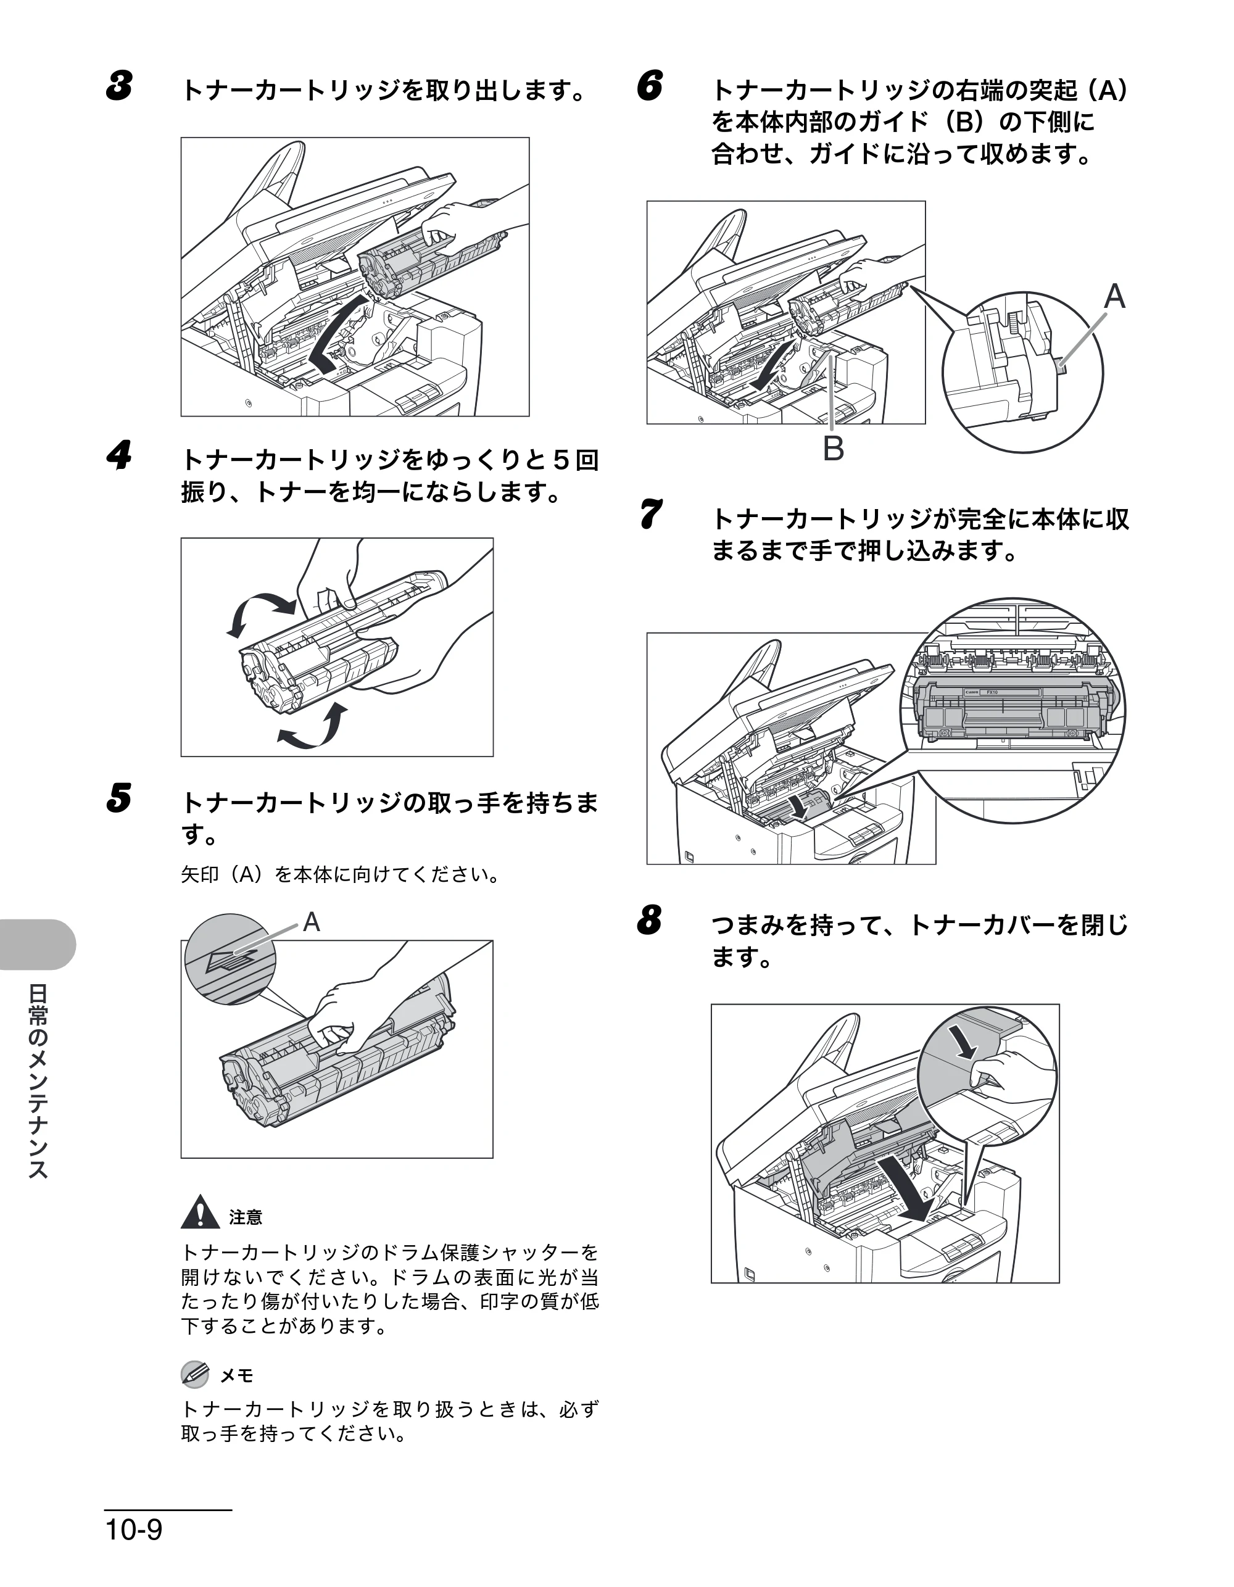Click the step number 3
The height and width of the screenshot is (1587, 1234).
pos(119,86)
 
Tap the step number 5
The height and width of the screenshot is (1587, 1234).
pos(119,798)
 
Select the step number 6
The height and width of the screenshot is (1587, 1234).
pos(650,86)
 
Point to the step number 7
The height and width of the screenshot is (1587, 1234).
pos(650,514)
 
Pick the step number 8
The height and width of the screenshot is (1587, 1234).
pos(650,920)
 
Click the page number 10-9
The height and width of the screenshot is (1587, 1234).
pos(135,1530)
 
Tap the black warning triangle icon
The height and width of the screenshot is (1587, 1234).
pos(200,1211)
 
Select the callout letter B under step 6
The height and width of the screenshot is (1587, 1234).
pos(833,449)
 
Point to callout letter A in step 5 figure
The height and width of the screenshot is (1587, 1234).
pos(311,922)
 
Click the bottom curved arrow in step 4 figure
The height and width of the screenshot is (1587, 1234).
pos(311,727)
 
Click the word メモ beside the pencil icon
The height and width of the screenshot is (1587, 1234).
pos(237,1375)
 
